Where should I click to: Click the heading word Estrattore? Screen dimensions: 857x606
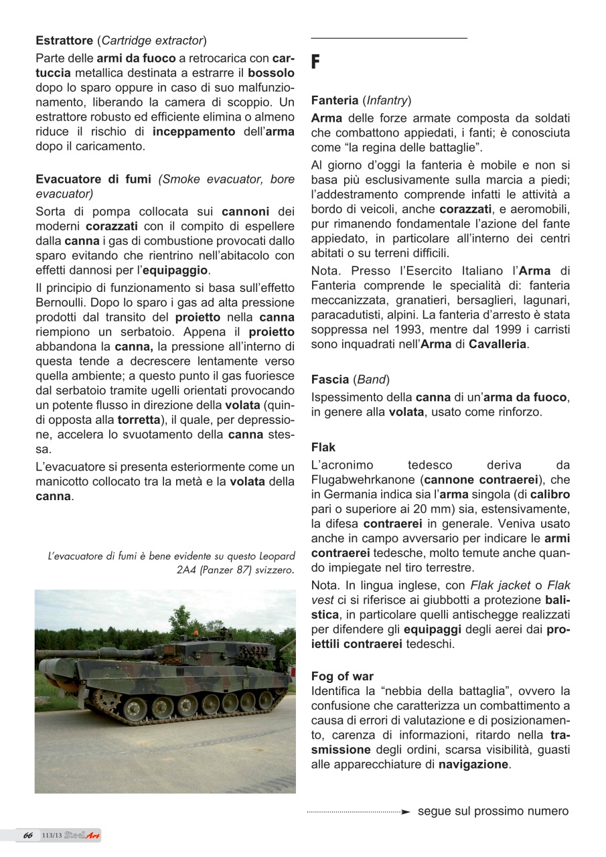click(65, 40)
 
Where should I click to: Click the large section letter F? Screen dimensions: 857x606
click(316, 64)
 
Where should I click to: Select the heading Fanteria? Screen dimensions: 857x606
click(335, 101)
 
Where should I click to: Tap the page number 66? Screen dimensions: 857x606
click(27, 835)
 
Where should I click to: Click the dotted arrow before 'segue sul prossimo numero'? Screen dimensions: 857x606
click(358, 812)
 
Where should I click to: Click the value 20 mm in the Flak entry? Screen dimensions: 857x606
click(407, 510)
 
